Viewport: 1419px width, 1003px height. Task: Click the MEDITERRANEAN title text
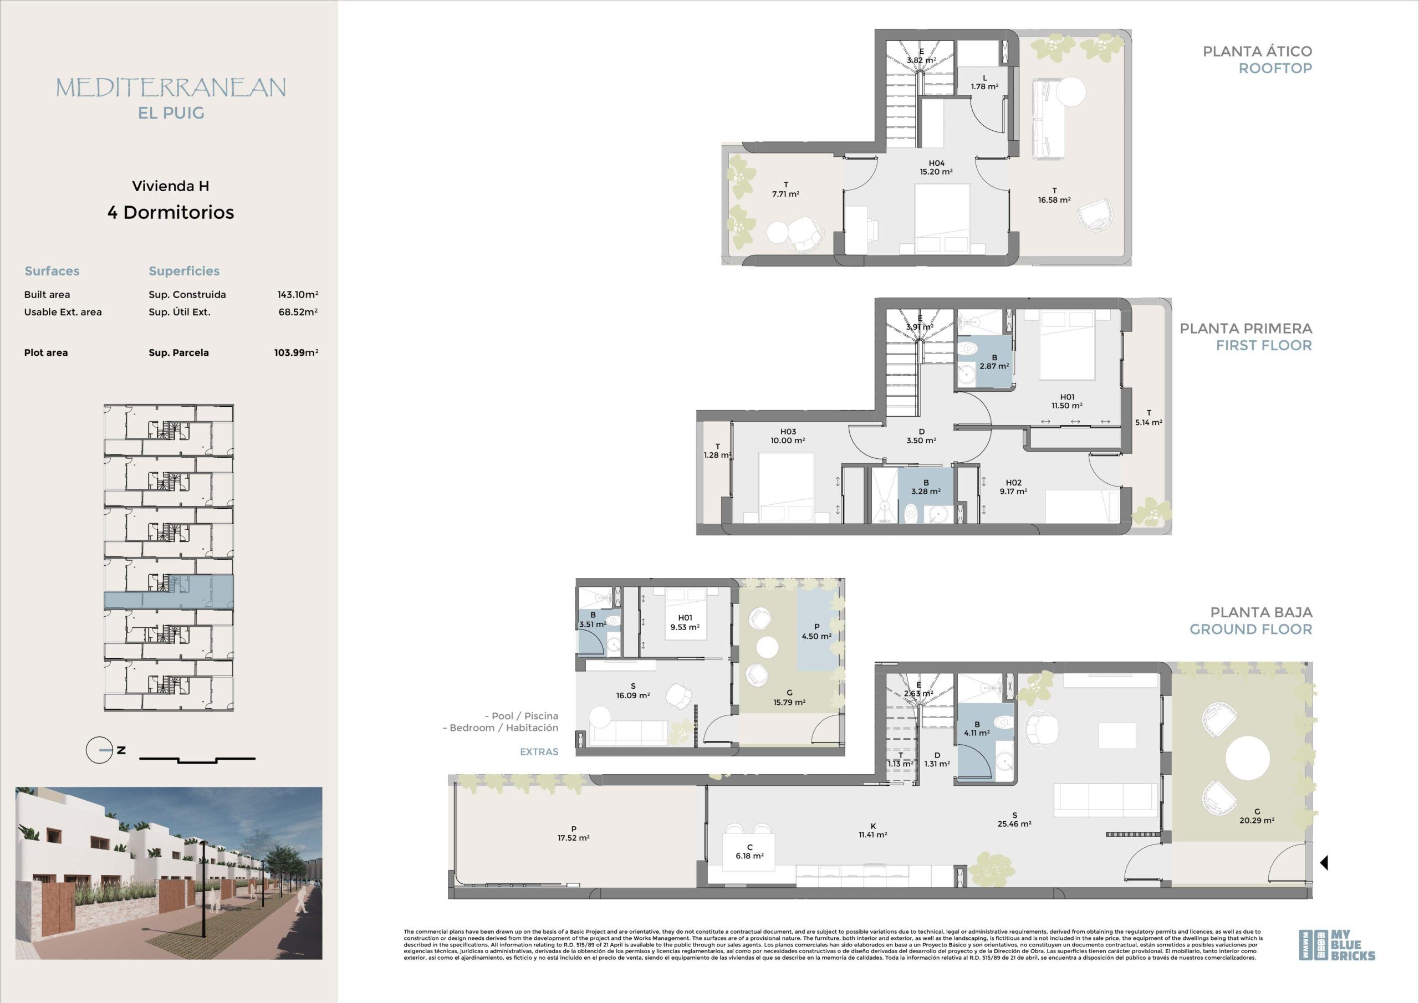click(x=171, y=88)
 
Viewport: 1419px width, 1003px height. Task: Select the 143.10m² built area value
click(x=298, y=295)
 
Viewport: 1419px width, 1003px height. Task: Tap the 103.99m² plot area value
click(x=297, y=353)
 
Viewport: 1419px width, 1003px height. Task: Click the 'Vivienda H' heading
click(x=171, y=186)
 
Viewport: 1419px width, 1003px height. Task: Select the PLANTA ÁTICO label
click(x=1257, y=52)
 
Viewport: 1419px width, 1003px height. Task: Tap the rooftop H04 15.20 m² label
click(x=936, y=167)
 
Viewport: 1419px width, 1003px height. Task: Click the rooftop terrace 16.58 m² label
click(x=1054, y=195)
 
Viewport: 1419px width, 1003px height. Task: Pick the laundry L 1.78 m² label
click(x=984, y=82)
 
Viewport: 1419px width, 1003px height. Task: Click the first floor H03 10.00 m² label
click(x=788, y=436)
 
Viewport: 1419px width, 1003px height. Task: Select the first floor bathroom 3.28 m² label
click(x=926, y=488)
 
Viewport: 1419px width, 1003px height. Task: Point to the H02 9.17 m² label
click(x=1014, y=487)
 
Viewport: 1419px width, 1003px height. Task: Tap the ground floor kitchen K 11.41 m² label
click(x=872, y=831)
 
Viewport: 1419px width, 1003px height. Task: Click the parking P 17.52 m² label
click(x=574, y=833)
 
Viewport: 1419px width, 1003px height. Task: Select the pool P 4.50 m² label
click(x=816, y=632)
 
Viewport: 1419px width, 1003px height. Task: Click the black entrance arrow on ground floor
click(x=1324, y=862)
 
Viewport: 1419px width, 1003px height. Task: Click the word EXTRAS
click(x=539, y=751)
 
